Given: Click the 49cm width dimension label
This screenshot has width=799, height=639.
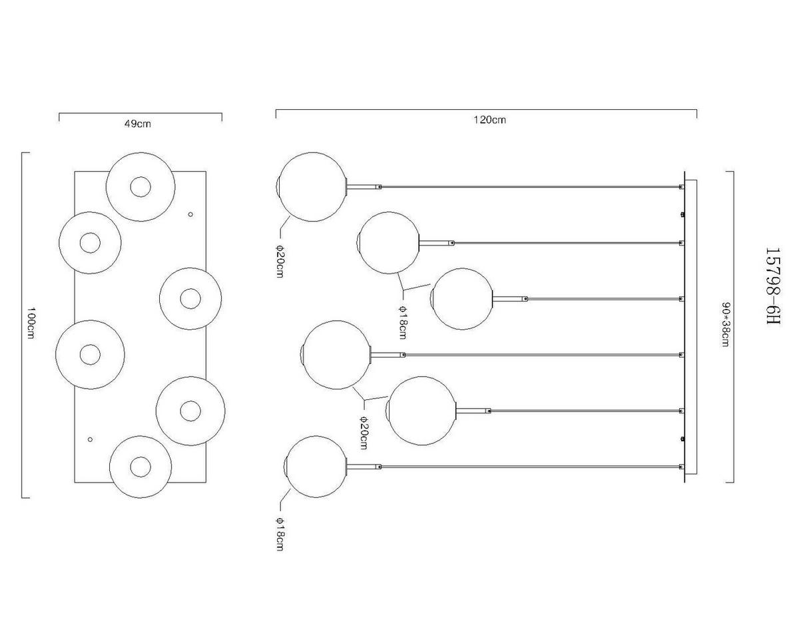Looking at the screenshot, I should [x=137, y=124].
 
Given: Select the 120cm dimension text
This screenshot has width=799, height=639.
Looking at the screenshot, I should [x=489, y=120].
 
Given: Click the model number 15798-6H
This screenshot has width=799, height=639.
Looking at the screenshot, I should [x=772, y=286].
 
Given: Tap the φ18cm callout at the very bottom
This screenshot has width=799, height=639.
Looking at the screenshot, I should [x=279, y=534].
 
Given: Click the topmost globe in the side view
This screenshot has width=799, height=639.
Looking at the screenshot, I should [x=312, y=186].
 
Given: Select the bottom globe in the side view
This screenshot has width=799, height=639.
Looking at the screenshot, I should [x=316, y=466].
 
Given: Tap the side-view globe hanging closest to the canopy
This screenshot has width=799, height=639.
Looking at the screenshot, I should [x=462, y=298].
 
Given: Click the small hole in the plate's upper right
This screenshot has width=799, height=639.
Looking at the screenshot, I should [x=191, y=214].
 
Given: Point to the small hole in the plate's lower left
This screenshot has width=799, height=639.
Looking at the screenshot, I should [x=91, y=439].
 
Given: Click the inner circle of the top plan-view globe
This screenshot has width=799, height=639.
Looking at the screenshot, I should [x=140, y=187].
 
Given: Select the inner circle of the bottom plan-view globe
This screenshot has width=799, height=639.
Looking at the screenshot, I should [x=140, y=467].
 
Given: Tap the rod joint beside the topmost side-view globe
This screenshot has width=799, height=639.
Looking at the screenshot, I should [x=380, y=187].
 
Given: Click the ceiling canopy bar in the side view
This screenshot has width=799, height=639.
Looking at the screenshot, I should [x=686, y=326].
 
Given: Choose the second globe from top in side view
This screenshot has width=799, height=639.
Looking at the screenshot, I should [x=388, y=243].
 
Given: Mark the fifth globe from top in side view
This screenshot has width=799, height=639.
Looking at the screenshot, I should [x=421, y=411].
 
